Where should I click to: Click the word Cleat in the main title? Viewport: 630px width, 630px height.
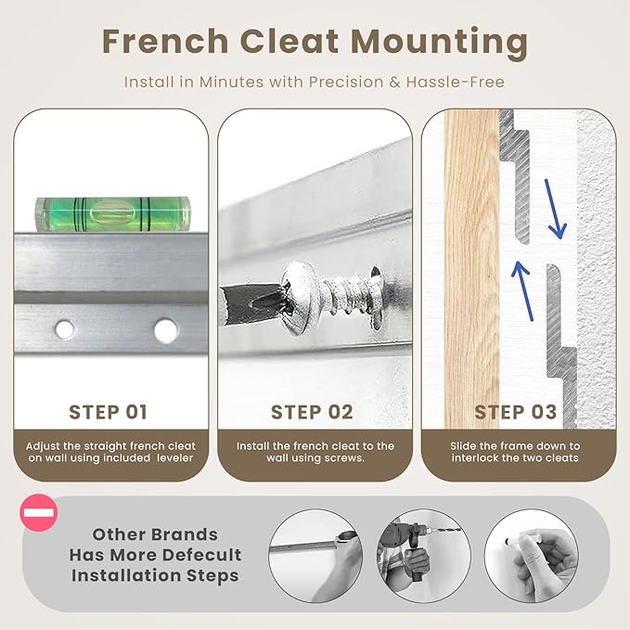click(289, 41)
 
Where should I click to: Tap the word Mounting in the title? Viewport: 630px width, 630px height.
click(439, 44)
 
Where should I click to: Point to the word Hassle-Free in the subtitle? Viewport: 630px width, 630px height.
click(455, 82)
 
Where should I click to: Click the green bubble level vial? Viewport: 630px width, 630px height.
click(113, 214)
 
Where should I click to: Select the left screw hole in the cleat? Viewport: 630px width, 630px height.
click(64, 329)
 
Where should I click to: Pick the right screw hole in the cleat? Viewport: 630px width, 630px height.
click(165, 330)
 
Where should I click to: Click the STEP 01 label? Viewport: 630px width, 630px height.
click(108, 412)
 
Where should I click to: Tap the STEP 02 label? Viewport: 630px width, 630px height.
click(312, 412)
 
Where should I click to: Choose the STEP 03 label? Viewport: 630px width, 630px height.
click(516, 412)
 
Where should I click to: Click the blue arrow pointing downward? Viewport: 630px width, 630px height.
click(555, 209)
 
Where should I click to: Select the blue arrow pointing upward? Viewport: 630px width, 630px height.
click(522, 291)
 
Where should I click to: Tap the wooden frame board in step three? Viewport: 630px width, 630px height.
click(471, 268)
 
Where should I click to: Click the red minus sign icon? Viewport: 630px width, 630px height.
click(39, 513)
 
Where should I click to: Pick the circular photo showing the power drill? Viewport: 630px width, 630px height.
click(424, 556)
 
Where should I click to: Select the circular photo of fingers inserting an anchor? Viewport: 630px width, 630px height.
click(532, 556)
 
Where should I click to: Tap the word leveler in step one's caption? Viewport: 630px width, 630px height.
click(175, 458)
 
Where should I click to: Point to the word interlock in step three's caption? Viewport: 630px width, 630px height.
click(476, 458)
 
